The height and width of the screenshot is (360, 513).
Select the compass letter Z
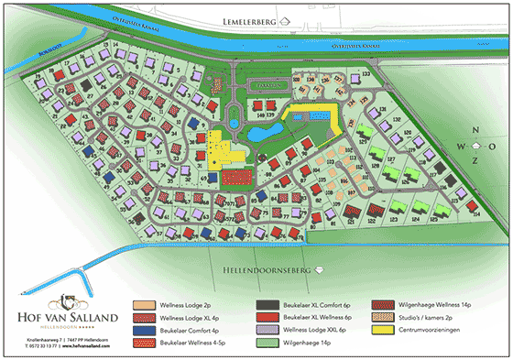475,161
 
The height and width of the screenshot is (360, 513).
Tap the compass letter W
462,147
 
